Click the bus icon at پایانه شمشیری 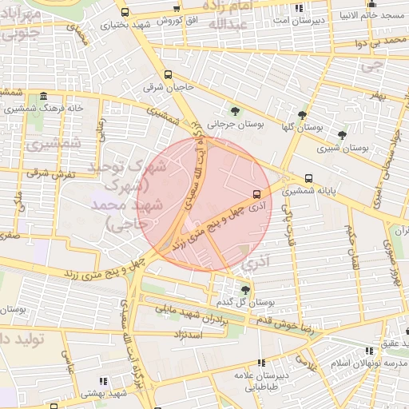309,179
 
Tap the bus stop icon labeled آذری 256,193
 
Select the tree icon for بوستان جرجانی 234,111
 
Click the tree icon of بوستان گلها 301,115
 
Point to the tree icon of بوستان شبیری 342,135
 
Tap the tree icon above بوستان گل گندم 245,289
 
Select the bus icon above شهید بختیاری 125,12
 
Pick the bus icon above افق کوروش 177,9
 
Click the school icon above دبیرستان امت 298,8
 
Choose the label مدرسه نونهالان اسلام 369,363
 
